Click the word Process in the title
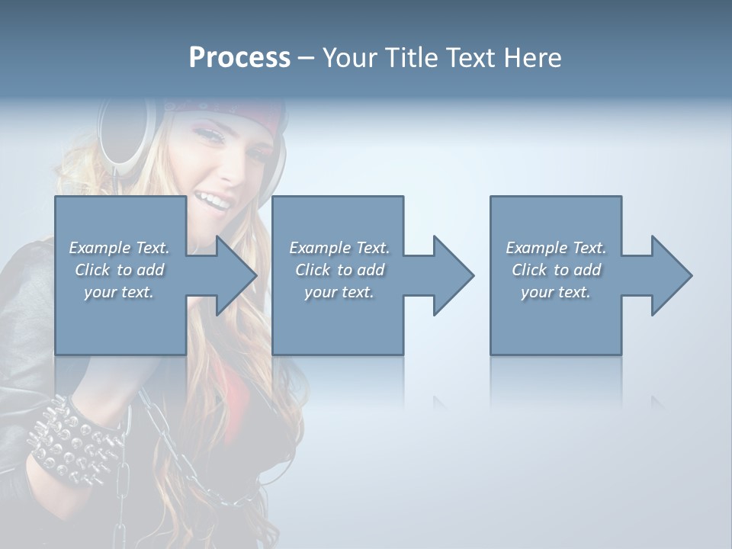[x=239, y=57]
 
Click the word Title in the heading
[x=409, y=58]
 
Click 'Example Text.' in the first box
[x=119, y=248]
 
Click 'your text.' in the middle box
[x=339, y=292]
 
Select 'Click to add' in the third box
[x=556, y=270]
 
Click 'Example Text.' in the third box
[x=556, y=248]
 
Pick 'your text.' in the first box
[x=119, y=292]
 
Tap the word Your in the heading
[x=350, y=58]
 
